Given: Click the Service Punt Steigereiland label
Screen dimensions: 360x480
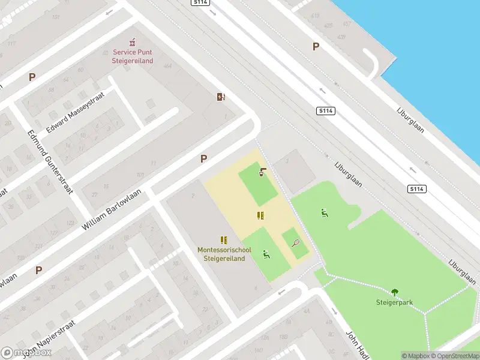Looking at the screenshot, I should coord(133,57).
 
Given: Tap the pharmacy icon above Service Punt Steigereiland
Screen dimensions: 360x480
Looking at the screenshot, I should coord(133,43).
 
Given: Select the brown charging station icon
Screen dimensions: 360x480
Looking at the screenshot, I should coord(221,97).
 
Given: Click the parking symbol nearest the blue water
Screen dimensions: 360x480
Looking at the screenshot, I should coord(316,47).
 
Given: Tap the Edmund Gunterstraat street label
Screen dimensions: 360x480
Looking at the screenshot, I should coord(50,162).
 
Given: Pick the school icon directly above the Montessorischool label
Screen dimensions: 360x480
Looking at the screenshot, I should coord(224,240).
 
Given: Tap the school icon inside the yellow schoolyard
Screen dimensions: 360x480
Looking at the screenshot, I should coord(260,215).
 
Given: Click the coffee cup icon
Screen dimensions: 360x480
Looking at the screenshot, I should coord(262,173).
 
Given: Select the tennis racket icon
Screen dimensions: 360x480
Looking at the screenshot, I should coord(295,243).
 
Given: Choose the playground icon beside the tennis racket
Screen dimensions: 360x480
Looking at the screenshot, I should coord(266,254).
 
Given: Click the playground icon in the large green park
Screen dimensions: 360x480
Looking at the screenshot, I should coord(325,212).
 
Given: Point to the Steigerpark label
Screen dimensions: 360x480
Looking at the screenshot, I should coord(394,302).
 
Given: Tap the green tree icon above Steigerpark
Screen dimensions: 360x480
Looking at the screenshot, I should coord(395,292).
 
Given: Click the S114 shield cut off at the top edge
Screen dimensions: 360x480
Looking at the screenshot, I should coord(200,2).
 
